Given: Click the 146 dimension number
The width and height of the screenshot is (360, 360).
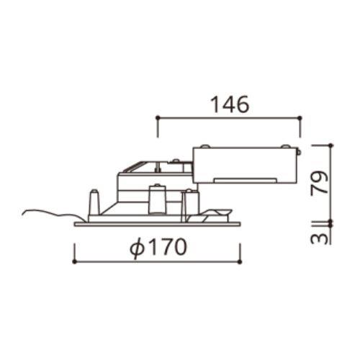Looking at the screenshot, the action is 230,104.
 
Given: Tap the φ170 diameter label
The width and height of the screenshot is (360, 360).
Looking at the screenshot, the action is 158,248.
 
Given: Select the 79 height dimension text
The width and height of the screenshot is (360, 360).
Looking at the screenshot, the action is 319,183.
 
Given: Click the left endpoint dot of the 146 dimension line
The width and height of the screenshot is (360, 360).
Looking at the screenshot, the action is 158,117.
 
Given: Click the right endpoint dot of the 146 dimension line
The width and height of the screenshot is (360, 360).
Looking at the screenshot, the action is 300,117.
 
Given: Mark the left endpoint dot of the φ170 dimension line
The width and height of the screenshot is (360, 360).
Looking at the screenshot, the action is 74,262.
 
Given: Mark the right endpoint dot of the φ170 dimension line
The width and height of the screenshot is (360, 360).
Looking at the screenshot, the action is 240,262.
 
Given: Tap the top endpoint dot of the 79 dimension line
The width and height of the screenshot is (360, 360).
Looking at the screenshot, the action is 331,145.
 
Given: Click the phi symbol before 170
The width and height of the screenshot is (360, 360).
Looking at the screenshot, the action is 138,248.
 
